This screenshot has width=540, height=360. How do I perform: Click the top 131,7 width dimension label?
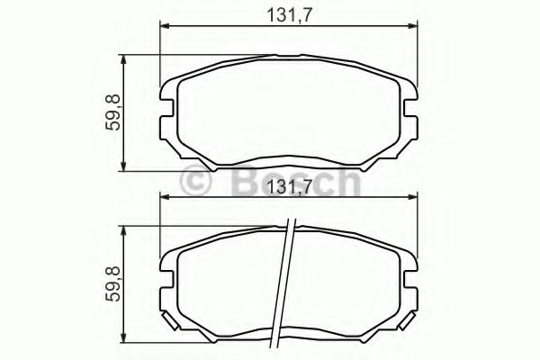pyautogui.click(x=289, y=13)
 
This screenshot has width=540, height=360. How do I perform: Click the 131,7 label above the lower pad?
pyautogui.click(x=289, y=188)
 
